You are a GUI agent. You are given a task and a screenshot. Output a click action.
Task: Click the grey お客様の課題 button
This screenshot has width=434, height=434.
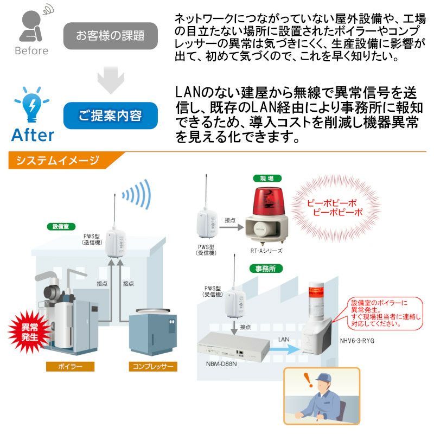click(x=111, y=36)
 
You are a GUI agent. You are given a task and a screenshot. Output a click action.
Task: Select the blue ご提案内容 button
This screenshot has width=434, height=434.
click(x=111, y=116)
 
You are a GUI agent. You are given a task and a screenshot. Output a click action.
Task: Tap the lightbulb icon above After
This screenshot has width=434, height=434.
click(x=32, y=105)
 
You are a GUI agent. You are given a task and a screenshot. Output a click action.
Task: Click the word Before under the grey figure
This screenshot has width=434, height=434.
click(x=31, y=51)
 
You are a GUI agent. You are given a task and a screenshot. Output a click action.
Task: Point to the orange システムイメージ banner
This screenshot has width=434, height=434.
click(x=63, y=160)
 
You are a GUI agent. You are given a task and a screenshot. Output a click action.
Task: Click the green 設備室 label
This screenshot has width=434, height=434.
click(x=61, y=226)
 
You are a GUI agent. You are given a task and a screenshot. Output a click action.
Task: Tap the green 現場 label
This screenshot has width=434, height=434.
click(x=267, y=178)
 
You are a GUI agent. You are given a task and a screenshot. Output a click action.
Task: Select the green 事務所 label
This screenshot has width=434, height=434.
click(x=265, y=269)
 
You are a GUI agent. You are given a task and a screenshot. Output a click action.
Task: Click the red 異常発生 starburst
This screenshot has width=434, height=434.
click(x=29, y=332)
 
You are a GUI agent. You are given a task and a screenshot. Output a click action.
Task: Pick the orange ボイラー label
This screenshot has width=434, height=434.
click(x=70, y=367)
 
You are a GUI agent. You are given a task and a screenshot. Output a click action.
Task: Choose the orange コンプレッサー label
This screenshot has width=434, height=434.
click(x=153, y=367)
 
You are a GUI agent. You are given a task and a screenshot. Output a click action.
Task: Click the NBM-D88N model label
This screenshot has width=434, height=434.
click(x=221, y=363)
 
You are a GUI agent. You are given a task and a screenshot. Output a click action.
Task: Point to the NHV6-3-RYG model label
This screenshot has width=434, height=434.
click(x=357, y=341)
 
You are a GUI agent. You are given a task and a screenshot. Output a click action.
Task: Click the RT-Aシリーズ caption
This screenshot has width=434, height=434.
click(x=266, y=251)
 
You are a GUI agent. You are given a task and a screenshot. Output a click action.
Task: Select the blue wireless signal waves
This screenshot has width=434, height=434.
click(x=138, y=194)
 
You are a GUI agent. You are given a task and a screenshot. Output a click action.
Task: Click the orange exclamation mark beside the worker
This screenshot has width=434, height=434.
click(x=308, y=380)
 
